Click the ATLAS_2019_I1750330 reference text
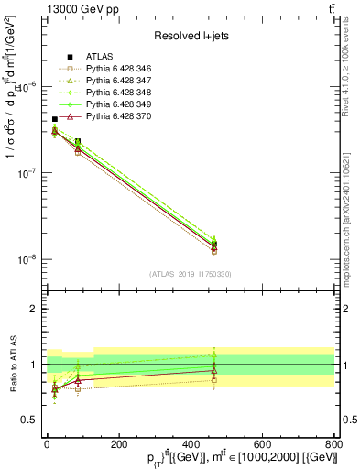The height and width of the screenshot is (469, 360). pyautogui.click(x=190, y=274)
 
